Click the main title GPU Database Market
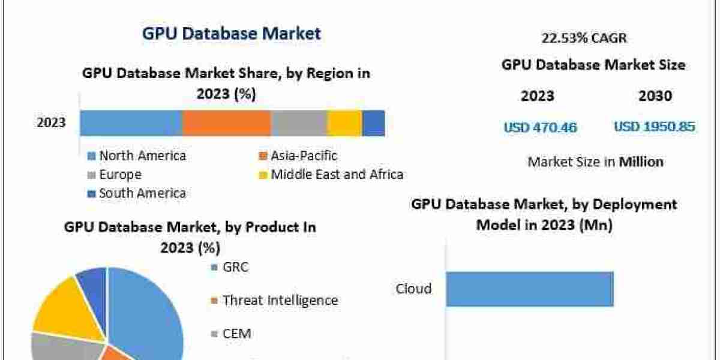coord(232,34)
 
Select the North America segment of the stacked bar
coord(131,123)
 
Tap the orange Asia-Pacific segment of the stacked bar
coord(226,123)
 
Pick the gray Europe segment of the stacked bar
coord(299,123)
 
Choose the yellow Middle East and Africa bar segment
coord(344,123)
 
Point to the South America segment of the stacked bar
coord(373,123)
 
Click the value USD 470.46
coord(540,127)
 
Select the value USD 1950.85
coord(655,127)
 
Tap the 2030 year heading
coord(656,96)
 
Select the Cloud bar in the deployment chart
coord(529,289)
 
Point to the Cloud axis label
coord(413,289)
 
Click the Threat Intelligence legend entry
coord(280,300)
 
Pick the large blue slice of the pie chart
coord(147,312)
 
